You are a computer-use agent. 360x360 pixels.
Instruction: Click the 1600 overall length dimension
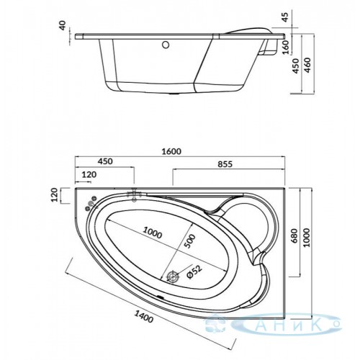pyautogui.click(x=171, y=151)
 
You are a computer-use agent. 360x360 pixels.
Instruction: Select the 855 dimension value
pyautogui.click(x=225, y=164)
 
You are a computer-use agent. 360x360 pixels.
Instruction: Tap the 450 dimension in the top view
pyautogui.click(x=105, y=161)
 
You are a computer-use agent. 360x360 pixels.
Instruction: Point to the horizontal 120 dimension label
pyautogui.click(x=89, y=174)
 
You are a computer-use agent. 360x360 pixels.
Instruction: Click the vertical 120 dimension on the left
pyautogui.click(x=55, y=195)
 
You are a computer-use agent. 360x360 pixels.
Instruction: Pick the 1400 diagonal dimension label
pyautogui.click(x=143, y=316)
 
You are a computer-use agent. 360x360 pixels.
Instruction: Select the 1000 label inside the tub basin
pyautogui.click(x=153, y=233)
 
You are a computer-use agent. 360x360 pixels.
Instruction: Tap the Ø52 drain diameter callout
pyautogui.click(x=194, y=271)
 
